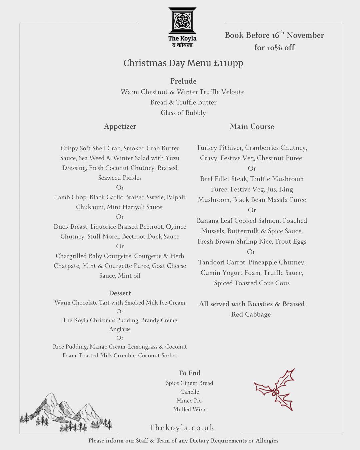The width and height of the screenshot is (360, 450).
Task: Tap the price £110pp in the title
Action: click(x=228, y=63)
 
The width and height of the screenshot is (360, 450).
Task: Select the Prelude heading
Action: click(x=183, y=81)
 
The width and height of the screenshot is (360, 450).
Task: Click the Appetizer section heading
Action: click(x=120, y=126)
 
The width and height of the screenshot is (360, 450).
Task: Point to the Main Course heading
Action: click(x=252, y=126)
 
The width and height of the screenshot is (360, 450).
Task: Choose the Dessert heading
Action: click(x=120, y=293)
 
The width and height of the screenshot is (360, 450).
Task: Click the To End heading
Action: click(x=189, y=373)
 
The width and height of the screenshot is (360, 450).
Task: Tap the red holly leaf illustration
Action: click(x=275, y=389)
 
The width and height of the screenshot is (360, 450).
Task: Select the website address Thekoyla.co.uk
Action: click(x=182, y=428)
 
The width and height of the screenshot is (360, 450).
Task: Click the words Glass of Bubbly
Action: click(x=183, y=113)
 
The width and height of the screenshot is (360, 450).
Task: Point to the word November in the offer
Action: click(x=305, y=35)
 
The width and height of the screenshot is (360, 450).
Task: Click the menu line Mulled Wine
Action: click(x=189, y=409)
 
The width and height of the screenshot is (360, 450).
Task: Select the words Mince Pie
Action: click(x=189, y=401)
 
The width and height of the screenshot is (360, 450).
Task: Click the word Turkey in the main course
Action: click(x=207, y=148)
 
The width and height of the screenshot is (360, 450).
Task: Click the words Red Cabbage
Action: click(x=251, y=314)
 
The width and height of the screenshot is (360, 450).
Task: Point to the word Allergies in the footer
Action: click(x=267, y=441)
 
